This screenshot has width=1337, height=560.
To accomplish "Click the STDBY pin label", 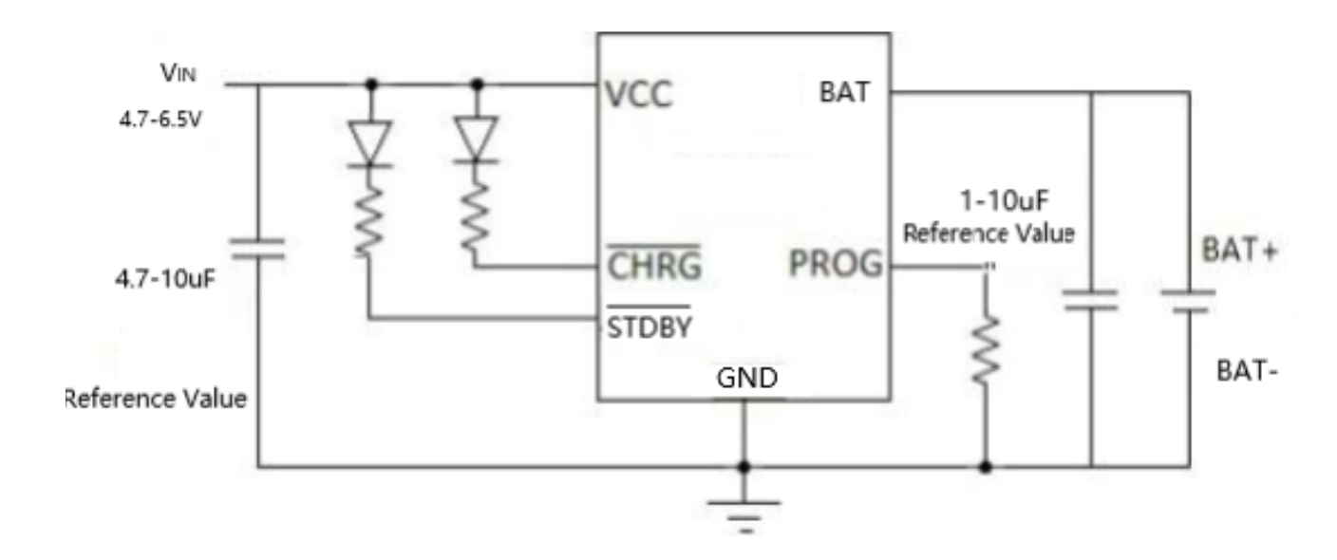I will click(649, 327).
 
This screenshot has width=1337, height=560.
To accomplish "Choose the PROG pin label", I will click(835, 267).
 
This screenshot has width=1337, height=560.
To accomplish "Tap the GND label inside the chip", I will click(746, 379).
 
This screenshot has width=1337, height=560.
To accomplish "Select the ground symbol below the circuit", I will click(744, 513).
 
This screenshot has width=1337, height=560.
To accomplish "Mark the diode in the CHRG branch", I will click(477, 137).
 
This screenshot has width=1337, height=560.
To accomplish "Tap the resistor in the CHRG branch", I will click(477, 215).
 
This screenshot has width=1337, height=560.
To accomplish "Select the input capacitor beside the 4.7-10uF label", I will click(258, 250).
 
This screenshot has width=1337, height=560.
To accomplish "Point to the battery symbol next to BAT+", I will click(1187, 300).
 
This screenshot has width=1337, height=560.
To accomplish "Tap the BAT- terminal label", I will click(1246, 371).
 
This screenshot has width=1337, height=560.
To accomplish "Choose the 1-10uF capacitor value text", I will click(1005, 201).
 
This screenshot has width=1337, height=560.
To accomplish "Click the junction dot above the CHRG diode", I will click(477, 84).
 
